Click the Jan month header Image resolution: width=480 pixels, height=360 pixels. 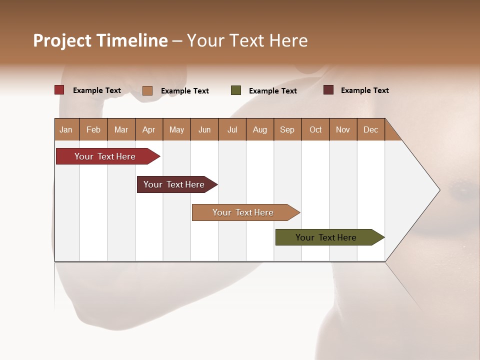(x=66, y=129)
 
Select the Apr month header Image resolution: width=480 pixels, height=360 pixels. (x=149, y=129)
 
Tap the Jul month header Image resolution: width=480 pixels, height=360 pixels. (x=232, y=129)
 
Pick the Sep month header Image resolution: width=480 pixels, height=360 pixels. (x=287, y=129)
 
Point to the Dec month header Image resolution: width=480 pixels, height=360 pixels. (x=370, y=129)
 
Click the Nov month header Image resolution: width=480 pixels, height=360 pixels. (x=343, y=129)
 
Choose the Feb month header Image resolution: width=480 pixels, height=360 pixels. (x=93, y=129)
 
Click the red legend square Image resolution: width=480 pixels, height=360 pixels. (x=59, y=90)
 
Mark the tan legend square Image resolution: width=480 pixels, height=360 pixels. (x=147, y=90)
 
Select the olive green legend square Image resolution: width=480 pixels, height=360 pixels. (x=235, y=90)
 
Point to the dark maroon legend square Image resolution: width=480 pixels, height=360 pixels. (x=328, y=90)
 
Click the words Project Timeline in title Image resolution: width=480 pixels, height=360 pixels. (x=100, y=40)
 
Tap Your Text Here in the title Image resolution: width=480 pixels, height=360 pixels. (x=247, y=40)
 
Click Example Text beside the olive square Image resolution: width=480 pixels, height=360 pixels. (x=272, y=91)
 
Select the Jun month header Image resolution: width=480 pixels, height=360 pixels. (x=204, y=129)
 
